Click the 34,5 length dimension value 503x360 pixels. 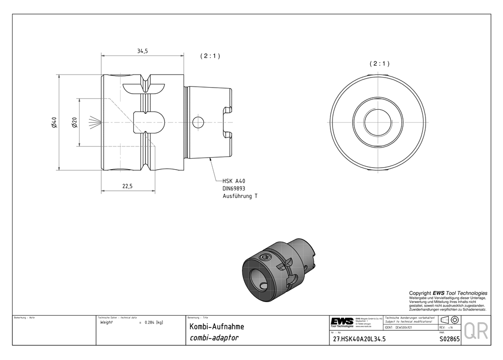pyautogui.click(x=142, y=51)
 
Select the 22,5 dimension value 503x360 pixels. pyautogui.click(x=127, y=186)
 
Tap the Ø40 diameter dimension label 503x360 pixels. pyautogui.click(x=54, y=122)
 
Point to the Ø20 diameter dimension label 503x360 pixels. pyautogui.click(x=73, y=122)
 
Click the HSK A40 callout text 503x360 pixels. pyautogui.click(x=234, y=180)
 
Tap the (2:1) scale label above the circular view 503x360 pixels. pyautogui.click(x=379, y=64)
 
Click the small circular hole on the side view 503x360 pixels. pyautogui.click(x=199, y=122)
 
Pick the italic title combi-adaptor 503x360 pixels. pyautogui.click(x=214, y=338)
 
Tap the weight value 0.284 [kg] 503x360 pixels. pyautogui.click(x=153, y=322)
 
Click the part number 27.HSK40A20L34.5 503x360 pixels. pyautogui.click(x=360, y=339)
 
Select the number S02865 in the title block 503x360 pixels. pyautogui.click(x=449, y=339)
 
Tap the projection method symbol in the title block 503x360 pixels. pyautogui.click(x=449, y=320)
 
